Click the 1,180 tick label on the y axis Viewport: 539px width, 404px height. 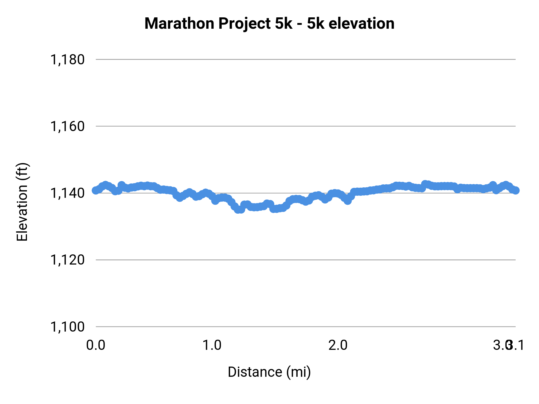click(x=67, y=60)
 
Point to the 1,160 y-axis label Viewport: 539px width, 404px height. click(x=67, y=127)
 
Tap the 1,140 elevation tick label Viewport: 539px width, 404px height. click(x=67, y=193)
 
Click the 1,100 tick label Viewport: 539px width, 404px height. click(x=67, y=327)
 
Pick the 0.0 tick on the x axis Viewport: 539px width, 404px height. click(x=96, y=345)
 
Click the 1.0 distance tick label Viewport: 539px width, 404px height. click(x=212, y=345)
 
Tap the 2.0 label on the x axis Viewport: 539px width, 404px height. click(x=338, y=345)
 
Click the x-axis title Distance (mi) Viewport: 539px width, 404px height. click(x=269, y=372)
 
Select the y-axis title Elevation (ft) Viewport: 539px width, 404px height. click(x=22, y=202)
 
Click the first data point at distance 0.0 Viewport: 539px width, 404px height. click(x=96, y=190)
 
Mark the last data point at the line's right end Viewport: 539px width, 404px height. click(x=516, y=190)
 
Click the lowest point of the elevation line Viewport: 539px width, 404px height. click(x=239, y=210)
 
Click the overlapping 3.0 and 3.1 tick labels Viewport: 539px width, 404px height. click(x=508, y=345)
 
